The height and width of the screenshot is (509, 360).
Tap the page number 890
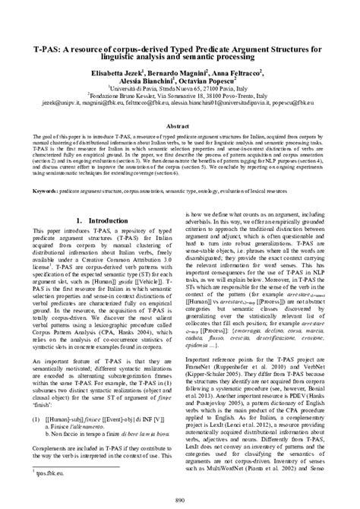click(180, 500)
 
